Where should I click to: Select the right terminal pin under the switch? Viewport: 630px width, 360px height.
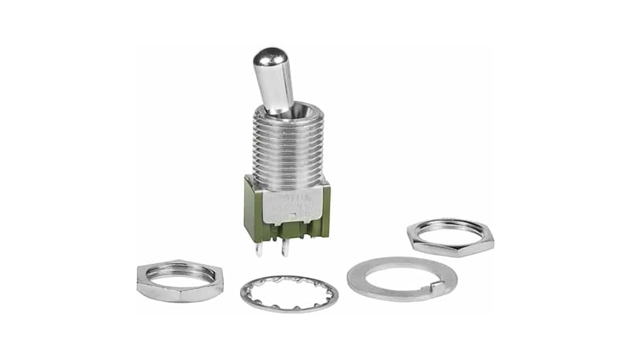pos(286,247)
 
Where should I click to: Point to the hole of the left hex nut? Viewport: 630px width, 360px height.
pos(181,275)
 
